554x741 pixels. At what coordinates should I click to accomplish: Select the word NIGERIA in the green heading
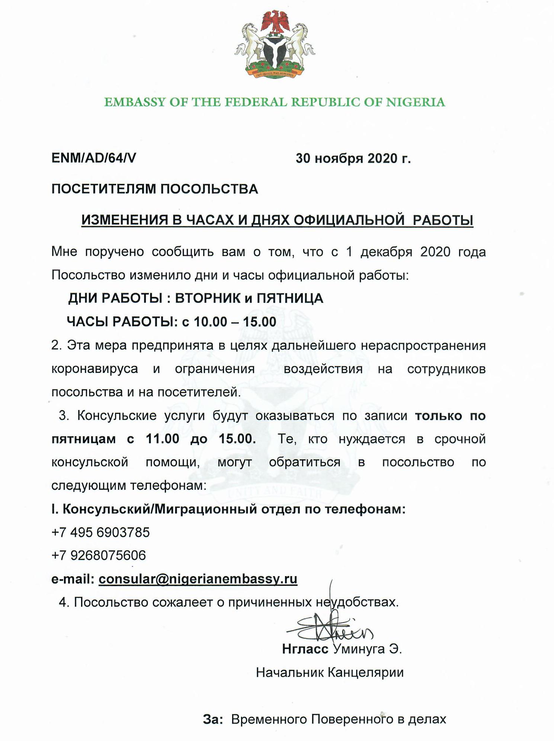click(x=415, y=102)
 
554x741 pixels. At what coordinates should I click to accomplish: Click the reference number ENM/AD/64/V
click(x=93, y=158)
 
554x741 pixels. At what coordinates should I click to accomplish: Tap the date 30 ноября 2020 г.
click(x=353, y=159)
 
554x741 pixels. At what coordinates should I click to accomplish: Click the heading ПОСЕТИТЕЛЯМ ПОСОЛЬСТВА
click(x=154, y=189)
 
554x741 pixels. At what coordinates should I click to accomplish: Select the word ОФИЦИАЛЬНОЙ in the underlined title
click(x=349, y=220)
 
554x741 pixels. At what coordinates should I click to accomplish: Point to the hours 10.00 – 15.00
click(x=235, y=322)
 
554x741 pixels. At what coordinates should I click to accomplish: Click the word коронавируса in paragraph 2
click(x=95, y=369)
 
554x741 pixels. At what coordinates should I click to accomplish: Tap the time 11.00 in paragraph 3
click(x=163, y=439)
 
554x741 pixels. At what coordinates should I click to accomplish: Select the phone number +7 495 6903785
click(x=100, y=532)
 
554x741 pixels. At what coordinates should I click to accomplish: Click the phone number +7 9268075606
click(x=99, y=555)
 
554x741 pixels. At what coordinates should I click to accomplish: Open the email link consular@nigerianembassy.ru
click(x=198, y=579)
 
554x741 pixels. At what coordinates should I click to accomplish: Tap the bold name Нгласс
click(x=305, y=649)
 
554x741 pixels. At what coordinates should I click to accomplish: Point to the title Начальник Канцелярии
click(x=330, y=673)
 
